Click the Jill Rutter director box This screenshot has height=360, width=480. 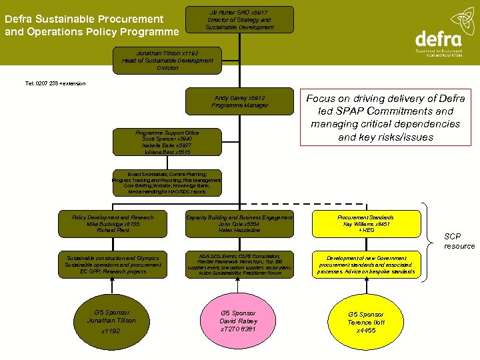click(x=239, y=19)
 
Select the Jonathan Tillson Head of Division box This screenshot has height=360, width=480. click(x=167, y=60)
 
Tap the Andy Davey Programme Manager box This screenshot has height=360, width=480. click(x=239, y=101)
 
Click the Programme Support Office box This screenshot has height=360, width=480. click(x=167, y=143)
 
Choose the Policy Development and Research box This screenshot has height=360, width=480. click(x=113, y=224)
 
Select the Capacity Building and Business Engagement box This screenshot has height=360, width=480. click(x=239, y=224)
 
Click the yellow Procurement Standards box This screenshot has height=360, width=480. click(x=365, y=224)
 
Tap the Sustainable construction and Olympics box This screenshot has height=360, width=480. click(x=113, y=265)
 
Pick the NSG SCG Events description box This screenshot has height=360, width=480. click(x=239, y=265)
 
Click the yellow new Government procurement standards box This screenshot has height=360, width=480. click(x=365, y=265)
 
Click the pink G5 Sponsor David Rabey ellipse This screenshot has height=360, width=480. click(x=239, y=321)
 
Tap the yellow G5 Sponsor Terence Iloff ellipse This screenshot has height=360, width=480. click(x=365, y=322)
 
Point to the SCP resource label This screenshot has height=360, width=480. click(x=459, y=241)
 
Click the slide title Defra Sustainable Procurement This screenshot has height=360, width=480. click(x=91, y=25)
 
